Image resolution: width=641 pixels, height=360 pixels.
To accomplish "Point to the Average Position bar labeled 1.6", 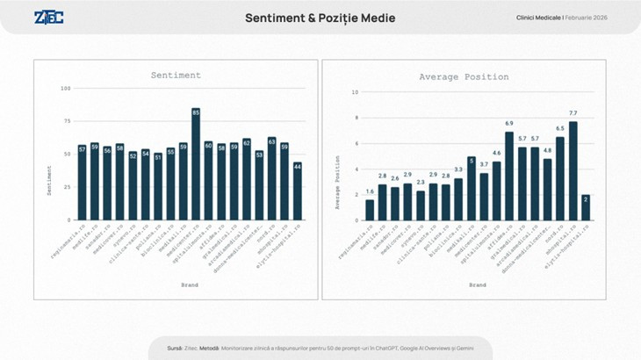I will (370, 210).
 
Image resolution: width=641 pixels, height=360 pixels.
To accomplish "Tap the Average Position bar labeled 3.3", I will (458, 199).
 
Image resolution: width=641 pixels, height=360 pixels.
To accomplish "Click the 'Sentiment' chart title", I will (176, 76).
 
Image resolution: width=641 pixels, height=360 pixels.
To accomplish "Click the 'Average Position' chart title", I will (464, 77).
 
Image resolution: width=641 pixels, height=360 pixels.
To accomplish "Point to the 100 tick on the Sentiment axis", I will (66, 89).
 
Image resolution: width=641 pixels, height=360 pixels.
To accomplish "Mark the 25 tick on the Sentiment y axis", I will (68, 187).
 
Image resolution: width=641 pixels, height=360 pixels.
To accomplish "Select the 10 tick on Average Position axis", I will (355, 92).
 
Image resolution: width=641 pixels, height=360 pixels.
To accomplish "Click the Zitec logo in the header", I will (48, 18).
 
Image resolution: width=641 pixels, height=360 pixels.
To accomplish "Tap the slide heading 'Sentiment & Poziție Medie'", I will (320, 18).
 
